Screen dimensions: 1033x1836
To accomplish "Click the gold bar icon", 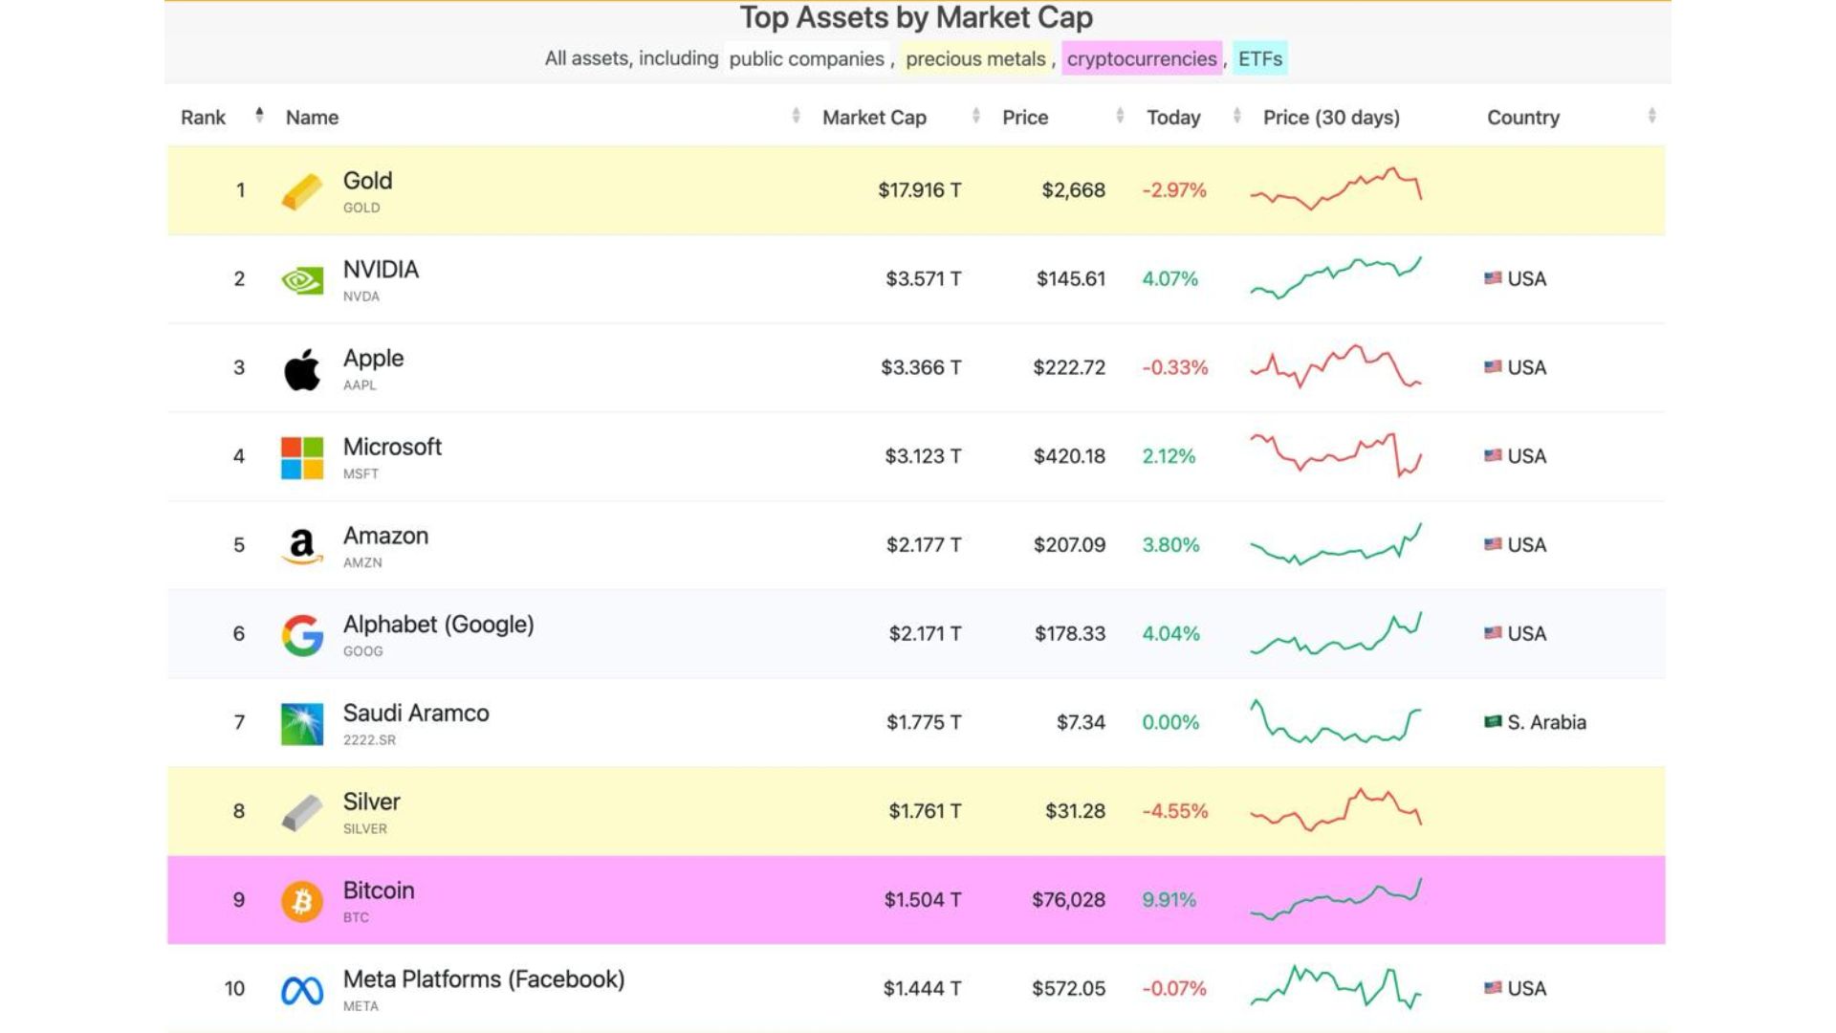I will (x=302, y=191).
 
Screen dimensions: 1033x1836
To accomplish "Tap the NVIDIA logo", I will (x=302, y=280).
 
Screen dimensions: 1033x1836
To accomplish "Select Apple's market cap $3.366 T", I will (x=921, y=367).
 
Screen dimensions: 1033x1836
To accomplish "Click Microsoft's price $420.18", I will (x=1069, y=456).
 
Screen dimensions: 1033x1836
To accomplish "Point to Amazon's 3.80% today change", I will (x=1170, y=545).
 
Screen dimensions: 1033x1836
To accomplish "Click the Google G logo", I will (x=302, y=635).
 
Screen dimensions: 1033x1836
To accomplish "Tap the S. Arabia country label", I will (x=1546, y=722).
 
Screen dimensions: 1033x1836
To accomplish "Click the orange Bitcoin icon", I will (x=302, y=901).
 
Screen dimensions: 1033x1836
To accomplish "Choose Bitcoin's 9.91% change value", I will (x=1169, y=900).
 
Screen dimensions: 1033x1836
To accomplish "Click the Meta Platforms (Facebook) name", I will (x=484, y=979).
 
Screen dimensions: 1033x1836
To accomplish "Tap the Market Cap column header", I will (x=874, y=118).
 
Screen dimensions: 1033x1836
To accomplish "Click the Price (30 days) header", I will (x=1331, y=118).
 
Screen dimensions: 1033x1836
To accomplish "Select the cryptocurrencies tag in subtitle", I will (x=1142, y=59).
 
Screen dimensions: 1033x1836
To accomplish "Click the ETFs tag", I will (x=1259, y=59).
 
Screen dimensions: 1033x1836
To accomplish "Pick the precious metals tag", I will (x=975, y=59).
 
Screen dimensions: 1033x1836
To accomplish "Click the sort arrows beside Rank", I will (x=259, y=116).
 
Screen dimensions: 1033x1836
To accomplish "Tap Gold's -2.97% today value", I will (x=1174, y=190).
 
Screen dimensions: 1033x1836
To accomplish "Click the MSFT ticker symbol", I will (x=361, y=474).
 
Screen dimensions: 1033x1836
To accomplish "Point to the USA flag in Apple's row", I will (x=1493, y=367).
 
